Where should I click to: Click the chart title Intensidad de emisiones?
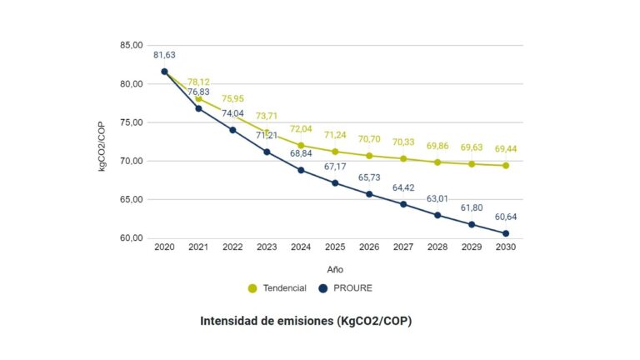(305, 320)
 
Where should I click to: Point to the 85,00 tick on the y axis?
(132, 45)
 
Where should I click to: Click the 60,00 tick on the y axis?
(132, 238)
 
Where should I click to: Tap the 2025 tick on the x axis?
(335, 248)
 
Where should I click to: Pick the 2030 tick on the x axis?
(506, 248)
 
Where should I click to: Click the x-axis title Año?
(335, 268)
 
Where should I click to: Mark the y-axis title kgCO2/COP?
(102, 142)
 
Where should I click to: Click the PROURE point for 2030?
(506, 233)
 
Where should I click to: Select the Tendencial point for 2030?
(506, 165)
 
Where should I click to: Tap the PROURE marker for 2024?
(301, 170)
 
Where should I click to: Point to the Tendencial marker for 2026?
(369, 156)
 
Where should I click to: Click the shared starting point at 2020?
(164, 72)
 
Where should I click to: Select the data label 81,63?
(164, 55)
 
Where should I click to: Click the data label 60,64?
(506, 217)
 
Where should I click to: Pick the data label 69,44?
(506, 148)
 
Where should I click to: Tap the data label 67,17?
(335, 167)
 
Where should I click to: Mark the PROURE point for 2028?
(437, 215)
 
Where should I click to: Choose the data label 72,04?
(301, 129)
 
